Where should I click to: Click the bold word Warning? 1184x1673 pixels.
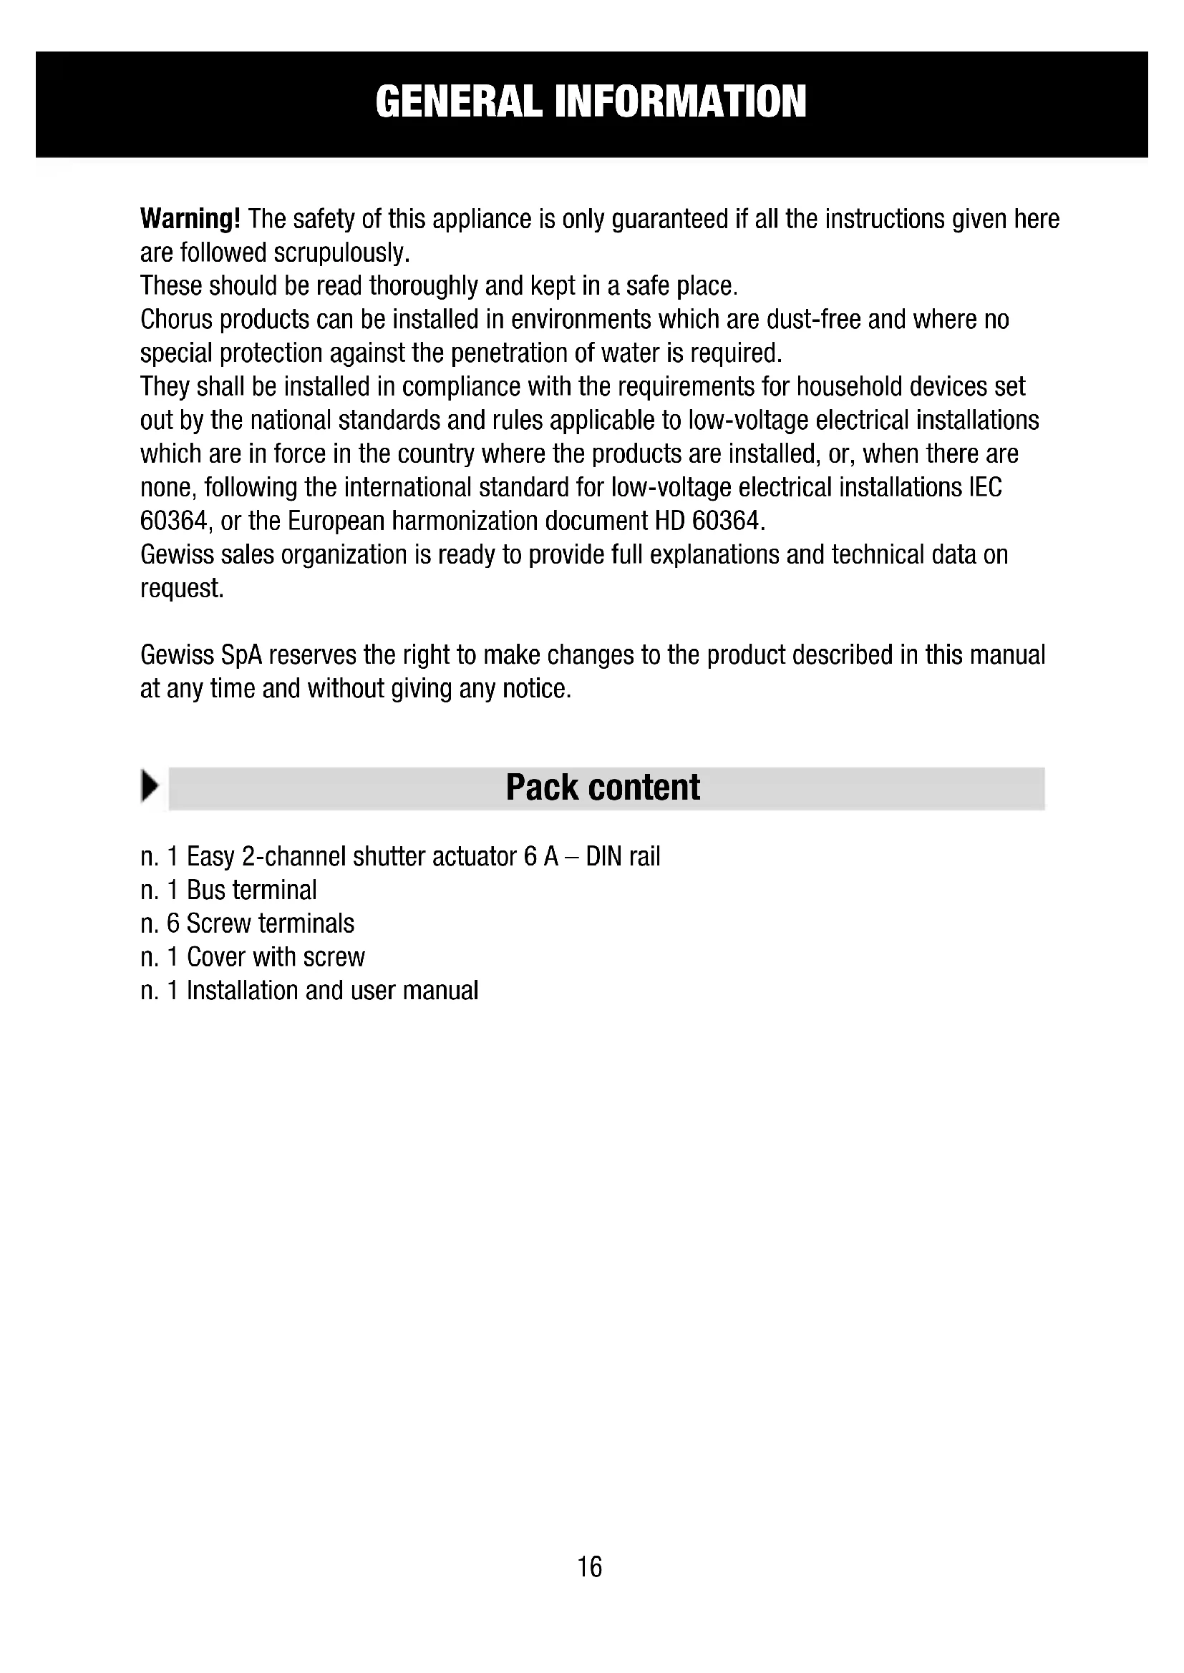[190, 219]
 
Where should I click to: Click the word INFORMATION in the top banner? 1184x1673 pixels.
[680, 102]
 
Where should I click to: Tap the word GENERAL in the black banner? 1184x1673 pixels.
[459, 102]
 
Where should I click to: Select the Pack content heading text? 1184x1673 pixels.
[603, 788]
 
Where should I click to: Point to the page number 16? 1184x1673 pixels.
[590, 1566]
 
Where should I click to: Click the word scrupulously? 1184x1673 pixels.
[341, 252]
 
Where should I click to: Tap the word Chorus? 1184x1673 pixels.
[175, 320]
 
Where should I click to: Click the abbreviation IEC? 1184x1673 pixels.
[986, 488]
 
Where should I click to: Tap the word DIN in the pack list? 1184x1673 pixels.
[602, 856]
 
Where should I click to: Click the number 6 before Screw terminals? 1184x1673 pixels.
[173, 923]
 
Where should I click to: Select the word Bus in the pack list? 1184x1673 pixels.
[205, 890]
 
